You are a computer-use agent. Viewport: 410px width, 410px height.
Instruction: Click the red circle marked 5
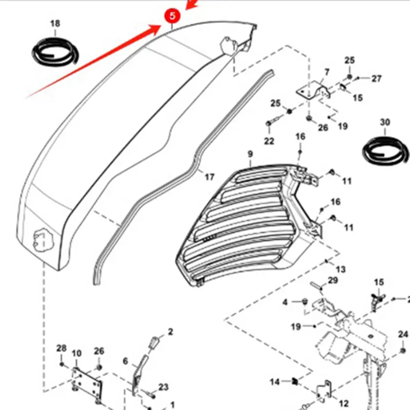pos(172,16)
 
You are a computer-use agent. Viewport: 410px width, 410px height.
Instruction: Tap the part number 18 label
pos(55,24)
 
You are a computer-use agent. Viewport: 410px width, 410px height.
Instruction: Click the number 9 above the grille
pos(250,154)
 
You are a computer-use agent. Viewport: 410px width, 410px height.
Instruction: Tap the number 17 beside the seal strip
pos(209,177)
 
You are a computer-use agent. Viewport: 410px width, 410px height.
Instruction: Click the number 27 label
pos(377,78)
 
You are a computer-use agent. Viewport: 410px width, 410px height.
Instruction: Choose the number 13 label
pos(341,269)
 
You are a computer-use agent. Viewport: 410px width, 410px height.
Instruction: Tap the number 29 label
pos(333,280)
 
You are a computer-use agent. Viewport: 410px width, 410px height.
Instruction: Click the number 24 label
pos(403,335)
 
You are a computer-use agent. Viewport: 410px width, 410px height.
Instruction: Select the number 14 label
pos(275,382)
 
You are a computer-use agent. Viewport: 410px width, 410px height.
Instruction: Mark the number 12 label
pos(344,403)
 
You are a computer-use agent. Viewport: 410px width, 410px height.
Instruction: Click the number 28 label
pos(61,348)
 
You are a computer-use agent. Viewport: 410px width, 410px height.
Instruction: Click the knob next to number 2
pos(154,342)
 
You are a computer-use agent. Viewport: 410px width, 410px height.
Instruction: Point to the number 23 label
pos(163,387)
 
